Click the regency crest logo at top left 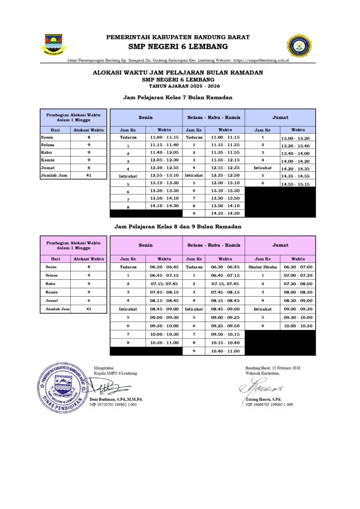click(x=54, y=44)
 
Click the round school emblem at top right click(x=298, y=46)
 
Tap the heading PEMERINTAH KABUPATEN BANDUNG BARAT click(x=178, y=37)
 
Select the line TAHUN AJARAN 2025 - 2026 click(x=178, y=86)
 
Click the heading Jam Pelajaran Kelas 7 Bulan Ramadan click(x=178, y=97)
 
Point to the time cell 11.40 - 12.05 click(x=164, y=153)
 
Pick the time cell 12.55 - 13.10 click(x=164, y=175)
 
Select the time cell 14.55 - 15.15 click(x=295, y=184)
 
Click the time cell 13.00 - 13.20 click(x=295, y=138)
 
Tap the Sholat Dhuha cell click(x=263, y=267)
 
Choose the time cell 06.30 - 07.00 click(x=298, y=267)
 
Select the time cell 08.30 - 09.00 click(x=298, y=301)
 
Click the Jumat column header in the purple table click(x=280, y=245)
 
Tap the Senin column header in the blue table click(x=146, y=117)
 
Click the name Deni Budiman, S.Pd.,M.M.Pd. click(x=116, y=400)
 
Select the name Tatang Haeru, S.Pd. click(x=264, y=400)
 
